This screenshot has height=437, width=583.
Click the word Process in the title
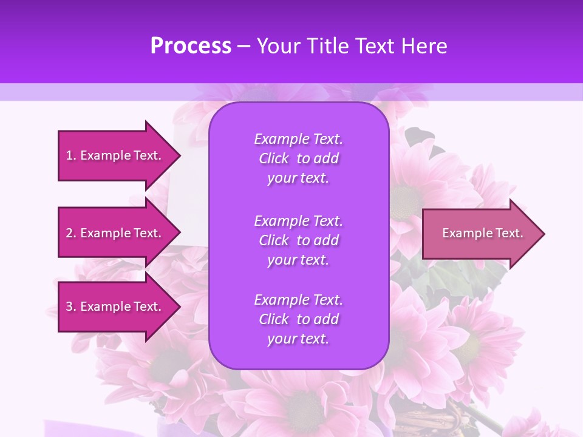191,46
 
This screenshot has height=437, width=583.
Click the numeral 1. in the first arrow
71,155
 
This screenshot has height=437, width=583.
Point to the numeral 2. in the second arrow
71,233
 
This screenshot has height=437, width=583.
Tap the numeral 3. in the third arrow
71,307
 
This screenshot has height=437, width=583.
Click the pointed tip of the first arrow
179,155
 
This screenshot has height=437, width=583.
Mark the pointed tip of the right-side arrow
543,234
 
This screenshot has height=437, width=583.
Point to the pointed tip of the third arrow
179,307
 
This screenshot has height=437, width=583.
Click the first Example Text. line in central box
298,139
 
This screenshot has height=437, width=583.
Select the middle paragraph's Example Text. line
298,220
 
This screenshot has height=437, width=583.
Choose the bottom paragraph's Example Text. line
298,300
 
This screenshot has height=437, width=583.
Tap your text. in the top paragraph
298,178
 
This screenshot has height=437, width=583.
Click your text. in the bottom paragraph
298,339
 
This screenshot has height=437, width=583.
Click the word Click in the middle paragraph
273,240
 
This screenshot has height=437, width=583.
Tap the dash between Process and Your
244,47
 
